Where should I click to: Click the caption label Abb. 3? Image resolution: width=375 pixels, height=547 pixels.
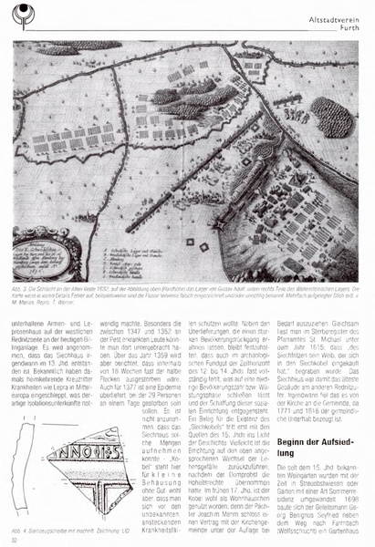pos(22,284)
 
